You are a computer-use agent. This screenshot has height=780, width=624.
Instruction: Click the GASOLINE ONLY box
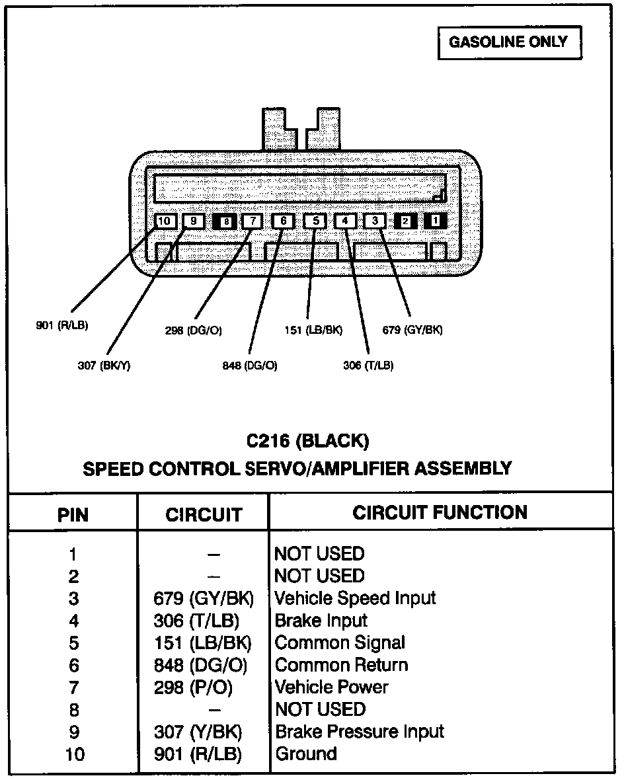coord(508,43)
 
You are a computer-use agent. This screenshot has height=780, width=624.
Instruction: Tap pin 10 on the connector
coord(165,221)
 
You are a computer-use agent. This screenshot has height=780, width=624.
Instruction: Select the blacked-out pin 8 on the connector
coord(225,221)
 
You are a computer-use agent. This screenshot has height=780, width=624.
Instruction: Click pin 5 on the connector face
coord(315,221)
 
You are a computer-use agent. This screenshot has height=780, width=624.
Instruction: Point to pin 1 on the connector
coord(434,221)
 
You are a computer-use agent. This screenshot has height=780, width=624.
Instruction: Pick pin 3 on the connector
coord(374,221)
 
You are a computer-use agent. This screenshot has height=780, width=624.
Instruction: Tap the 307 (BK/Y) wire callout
coord(104,366)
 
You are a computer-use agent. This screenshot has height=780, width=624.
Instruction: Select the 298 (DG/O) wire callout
coord(193,331)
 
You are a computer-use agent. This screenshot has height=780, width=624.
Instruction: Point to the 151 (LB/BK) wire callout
coord(313,330)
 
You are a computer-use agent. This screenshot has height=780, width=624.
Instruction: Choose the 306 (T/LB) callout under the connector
coord(368,365)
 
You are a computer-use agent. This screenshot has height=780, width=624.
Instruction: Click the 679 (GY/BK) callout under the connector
coord(412,330)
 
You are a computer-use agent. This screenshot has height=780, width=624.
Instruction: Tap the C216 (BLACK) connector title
coord(308,440)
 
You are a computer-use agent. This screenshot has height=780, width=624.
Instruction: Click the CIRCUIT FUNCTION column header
coord(440,512)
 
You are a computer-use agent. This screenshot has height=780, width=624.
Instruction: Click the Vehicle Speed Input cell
coord(355,598)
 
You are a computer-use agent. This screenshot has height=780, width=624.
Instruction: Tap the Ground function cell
coord(306,754)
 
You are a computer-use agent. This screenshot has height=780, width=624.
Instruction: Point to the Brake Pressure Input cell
coord(359,732)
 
